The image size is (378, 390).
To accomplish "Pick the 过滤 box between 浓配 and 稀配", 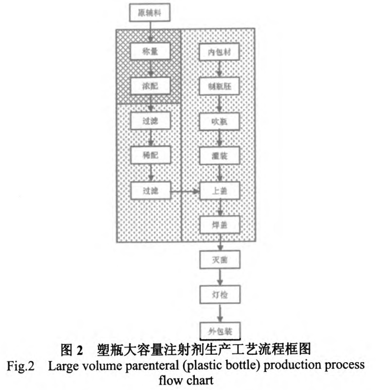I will coord(151,120).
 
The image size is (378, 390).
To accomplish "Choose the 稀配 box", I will coord(151,154).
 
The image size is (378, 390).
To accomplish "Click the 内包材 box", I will coord(219,51).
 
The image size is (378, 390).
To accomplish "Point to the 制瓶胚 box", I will coord(219,86).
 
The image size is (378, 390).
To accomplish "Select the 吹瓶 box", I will coord(219,121).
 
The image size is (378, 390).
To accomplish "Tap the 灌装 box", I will coord(219,155).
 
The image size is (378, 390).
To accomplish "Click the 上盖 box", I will coord(219,190).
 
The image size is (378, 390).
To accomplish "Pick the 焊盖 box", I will coord(219,225).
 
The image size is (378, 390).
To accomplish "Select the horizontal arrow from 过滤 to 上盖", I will coord(185,190).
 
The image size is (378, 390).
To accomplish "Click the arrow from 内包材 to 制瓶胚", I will coord(219,69).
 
